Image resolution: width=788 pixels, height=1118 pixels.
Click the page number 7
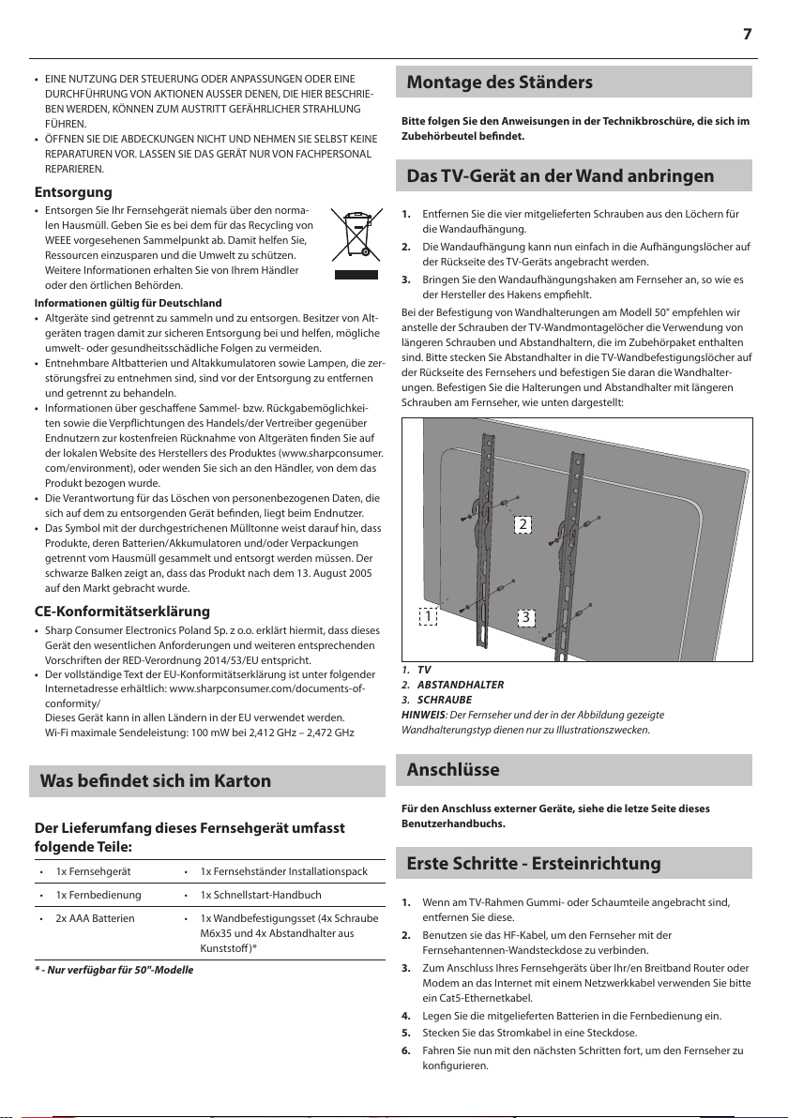pyautogui.click(x=748, y=35)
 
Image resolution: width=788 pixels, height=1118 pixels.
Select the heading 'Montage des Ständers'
pyautogui.click(x=499, y=83)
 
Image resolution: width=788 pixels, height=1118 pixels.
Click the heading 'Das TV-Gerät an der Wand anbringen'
pyautogui.click(x=560, y=175)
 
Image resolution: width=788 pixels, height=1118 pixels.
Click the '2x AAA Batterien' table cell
pyautogui.click(x=95, y=919)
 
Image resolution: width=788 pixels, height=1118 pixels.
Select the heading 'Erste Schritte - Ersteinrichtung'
pyautogui.click(x=533, y=863)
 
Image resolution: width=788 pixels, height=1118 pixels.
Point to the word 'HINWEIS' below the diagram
pyautogui.click(x=423, y=715)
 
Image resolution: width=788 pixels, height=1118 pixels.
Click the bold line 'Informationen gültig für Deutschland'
pyautogui.click(x=128, y=303)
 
